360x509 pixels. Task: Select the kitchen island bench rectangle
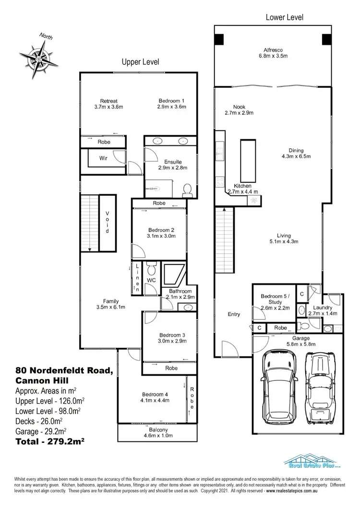pos(248,159)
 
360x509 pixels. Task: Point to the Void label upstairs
pos(108,222)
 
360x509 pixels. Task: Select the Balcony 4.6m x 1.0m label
pos(151,433)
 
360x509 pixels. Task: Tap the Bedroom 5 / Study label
pos(272,299)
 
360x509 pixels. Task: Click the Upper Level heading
pos(140,62)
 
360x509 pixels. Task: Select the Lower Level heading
pos(284,17)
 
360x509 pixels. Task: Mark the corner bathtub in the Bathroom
pos(171,274)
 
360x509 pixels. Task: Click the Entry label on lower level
pos(234,314)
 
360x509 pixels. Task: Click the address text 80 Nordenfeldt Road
pos(64,370)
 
